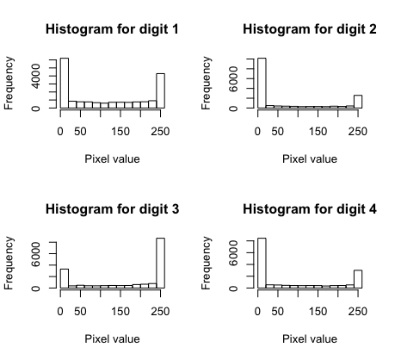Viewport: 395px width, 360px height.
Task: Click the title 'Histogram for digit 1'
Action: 112,29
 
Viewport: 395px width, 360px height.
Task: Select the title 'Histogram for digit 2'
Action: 310,29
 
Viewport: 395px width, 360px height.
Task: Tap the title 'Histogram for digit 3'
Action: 112,209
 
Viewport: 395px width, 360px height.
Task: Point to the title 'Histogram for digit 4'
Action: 310,209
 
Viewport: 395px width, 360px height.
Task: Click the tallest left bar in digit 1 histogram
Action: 65,84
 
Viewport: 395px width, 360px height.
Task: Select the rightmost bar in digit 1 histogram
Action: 160,91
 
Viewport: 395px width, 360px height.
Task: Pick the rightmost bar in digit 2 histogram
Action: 358,102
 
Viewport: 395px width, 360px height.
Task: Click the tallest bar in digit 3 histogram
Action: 160,263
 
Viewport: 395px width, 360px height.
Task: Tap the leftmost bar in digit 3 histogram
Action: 65,278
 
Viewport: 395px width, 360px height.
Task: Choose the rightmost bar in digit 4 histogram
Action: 358,279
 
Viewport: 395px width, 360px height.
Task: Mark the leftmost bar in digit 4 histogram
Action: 262,263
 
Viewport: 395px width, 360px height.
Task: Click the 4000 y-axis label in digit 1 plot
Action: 35,76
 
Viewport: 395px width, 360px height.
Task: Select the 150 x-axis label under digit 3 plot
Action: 120,312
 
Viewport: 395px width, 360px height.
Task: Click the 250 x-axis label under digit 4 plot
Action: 358,312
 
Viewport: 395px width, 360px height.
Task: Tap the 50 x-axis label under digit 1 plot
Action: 80,132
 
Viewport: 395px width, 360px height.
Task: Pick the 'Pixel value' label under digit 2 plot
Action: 310,159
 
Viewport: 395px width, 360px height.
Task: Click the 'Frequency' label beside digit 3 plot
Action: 9,263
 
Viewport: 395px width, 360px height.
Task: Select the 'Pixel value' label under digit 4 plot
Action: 310,339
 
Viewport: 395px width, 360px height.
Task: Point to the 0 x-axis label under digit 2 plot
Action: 257,132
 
